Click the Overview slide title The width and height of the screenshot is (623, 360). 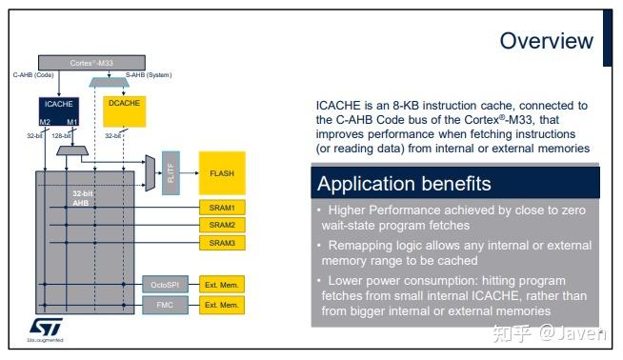pos(546,41)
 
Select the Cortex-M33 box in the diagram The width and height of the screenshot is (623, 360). pos(92,63)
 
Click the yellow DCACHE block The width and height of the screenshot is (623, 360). pos(123,112)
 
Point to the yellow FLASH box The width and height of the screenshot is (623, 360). pos(221,173)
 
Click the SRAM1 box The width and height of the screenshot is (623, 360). pos(221,207)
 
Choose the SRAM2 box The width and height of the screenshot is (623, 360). pos(221,225)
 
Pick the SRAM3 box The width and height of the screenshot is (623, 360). pos(221,243)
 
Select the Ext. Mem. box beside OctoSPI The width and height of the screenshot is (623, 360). pos(221,285)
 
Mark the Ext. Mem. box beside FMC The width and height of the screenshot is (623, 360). pos(221,306)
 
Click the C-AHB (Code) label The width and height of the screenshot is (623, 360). pos(31,73)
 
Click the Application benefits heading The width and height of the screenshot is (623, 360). pos(404,184)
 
